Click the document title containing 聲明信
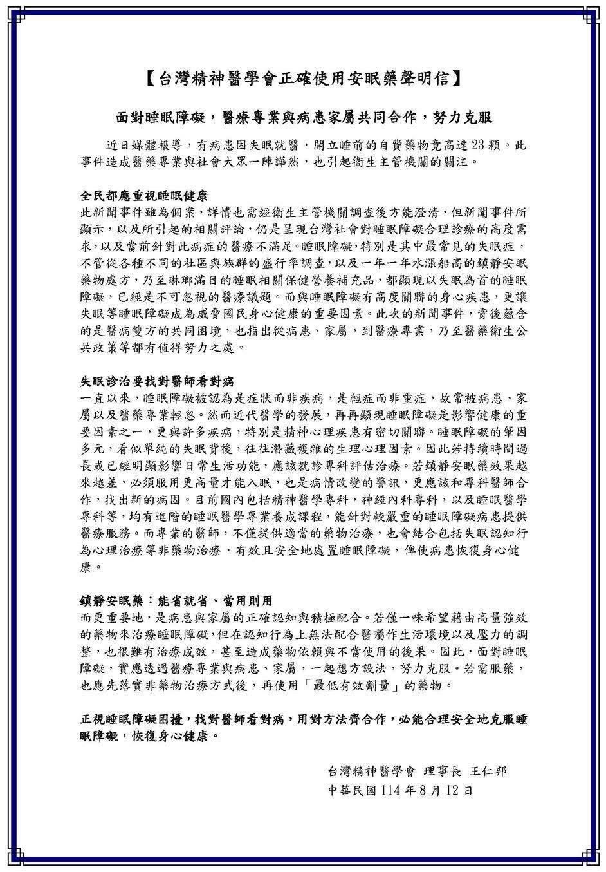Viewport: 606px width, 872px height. pos(302,79)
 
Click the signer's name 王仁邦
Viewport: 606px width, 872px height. pos(488,771)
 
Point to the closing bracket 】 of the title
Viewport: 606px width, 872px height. pos(457,79)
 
